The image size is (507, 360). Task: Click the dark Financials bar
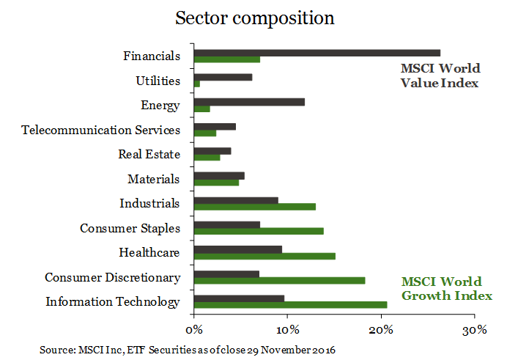317,53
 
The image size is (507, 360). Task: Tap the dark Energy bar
249,102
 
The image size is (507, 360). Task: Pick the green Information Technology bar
290,305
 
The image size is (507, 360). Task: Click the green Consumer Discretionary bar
279,280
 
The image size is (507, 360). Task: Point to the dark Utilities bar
223,77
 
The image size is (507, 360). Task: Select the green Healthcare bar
264,256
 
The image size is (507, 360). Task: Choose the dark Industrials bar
236,200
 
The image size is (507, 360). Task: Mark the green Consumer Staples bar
259,231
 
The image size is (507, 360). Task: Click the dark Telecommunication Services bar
215,127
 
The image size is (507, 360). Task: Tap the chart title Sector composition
254,18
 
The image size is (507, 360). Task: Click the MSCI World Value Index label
440,76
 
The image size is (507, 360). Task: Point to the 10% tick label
287,328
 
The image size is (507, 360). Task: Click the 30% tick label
475,328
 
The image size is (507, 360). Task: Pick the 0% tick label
194,328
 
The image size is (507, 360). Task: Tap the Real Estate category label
149,154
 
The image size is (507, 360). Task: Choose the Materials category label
153,179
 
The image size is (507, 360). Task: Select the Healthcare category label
149,253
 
